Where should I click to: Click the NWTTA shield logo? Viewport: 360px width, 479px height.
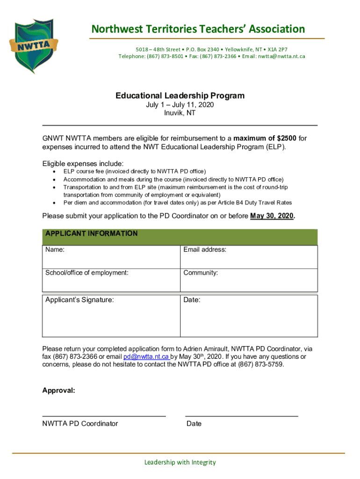click(34, 46)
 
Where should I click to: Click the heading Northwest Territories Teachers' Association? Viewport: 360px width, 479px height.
click(198, 29)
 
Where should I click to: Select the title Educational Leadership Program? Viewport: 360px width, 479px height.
click(180, 96)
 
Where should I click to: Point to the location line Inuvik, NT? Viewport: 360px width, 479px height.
click(180, 113)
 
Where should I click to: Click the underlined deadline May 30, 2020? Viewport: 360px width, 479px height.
click(272, 216)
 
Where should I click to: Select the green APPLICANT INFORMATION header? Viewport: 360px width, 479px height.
click(91, 233)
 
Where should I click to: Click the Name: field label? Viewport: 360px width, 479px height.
click(55, 250)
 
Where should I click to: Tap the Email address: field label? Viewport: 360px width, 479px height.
click(205, 250)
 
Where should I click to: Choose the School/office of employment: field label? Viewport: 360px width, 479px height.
click(86, 273)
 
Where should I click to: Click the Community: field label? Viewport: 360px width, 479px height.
click(201, 273)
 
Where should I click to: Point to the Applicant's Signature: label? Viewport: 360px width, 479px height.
click(79, 300)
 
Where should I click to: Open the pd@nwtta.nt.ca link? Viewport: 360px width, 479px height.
click(146, 357)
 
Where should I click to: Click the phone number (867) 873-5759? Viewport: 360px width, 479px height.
click(260, 364)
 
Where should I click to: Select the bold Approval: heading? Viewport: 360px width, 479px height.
click(58, 390)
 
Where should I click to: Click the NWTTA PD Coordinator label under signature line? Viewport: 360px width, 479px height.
click(80, 424)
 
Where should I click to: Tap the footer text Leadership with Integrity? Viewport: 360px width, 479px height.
click(180, 462)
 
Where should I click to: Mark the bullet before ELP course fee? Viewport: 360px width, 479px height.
click(55, 172)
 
